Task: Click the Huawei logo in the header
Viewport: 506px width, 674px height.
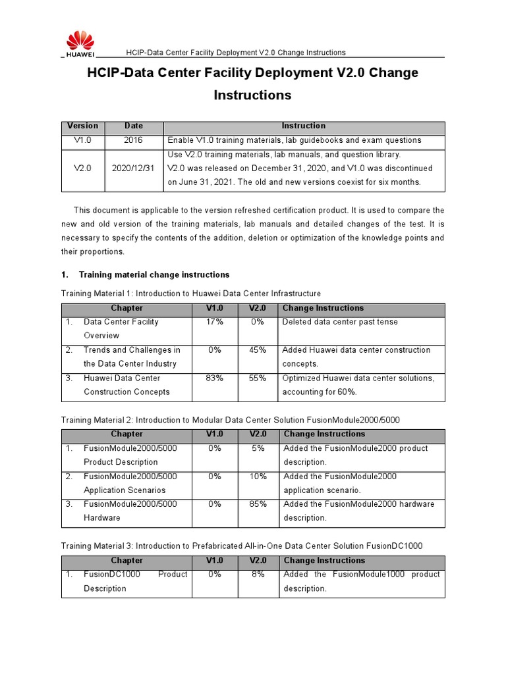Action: pyautogui.click(x=78, y=43)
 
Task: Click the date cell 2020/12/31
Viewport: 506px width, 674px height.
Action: pyautogui.click(x=133, y=168)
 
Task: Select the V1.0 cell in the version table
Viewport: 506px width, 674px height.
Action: pyautogui.click(x=82, y=140)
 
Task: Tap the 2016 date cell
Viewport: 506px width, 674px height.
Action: pyautogui.click(x=133, y=140)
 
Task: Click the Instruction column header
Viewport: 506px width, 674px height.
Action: pyautogui.click(x=304, y=126)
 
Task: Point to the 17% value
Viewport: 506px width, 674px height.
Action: pyautogui.click(x=215, y=322)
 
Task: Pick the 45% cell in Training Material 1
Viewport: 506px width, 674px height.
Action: pyautogui.click(x=257, y=350)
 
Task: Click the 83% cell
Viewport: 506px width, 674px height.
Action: pyautogui.click(x=215, y=378)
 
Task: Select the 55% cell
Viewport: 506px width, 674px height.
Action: pyautogui.click(x=257, y=378)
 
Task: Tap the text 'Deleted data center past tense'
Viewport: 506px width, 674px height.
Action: pyautogui.click(x=340, y=322)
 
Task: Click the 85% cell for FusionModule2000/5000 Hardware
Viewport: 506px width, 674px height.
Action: pyautogui.click(x=258, y=504)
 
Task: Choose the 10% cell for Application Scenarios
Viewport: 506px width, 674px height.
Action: pyautogui.click(x=258, y=476)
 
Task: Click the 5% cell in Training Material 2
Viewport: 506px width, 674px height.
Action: pyautogui.click(x=258, y=448)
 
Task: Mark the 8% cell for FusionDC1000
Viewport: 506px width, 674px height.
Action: pyautogui.click(x=258, y=574)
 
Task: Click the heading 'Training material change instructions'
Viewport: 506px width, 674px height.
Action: pyautogui.click(x=154, y=274)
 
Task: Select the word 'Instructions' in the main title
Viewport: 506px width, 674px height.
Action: pyautogui.click(x=252, y=95)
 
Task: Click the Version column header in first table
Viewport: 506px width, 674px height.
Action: pyautogui.click(x=82, y=126)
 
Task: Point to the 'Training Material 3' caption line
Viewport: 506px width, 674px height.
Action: pyautogui.click(x=242, y=546)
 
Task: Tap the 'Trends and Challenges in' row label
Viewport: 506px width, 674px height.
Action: pyautogui.click(x=132, y=350)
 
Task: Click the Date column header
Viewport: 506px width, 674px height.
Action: pyautogui.click(x=133, y=126)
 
